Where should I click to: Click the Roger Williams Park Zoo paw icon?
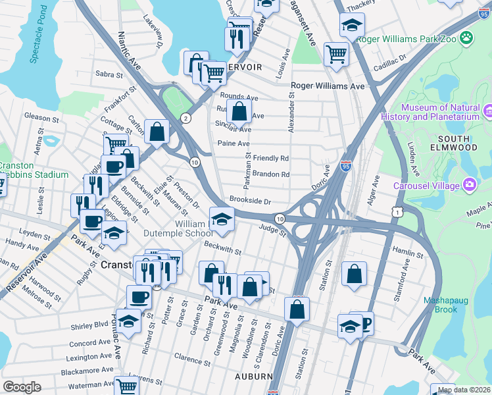point(467,38)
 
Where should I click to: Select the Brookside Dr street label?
point(251,201)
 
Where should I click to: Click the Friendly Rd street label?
point(271,159)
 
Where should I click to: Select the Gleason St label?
point(43,118)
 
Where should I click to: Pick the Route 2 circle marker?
point(187,118)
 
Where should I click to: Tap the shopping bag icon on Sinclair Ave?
point(240,110)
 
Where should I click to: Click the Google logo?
point(22,388)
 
